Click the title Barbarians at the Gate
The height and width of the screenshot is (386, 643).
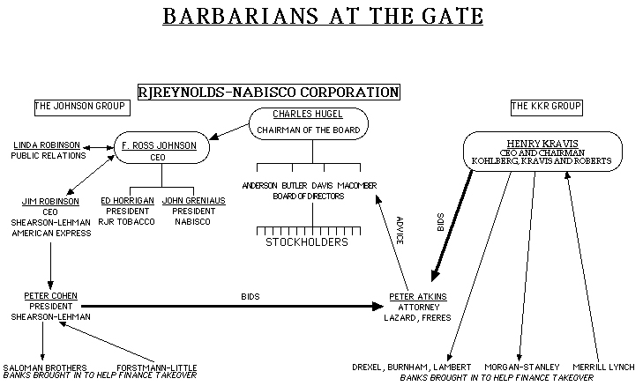pos(324,18)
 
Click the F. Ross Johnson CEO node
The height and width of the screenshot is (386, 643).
pos(161,146)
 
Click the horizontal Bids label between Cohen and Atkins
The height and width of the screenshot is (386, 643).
pos(250,296)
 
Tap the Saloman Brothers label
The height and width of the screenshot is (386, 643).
pos(45,367)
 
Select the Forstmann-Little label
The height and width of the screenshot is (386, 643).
pos(156,367)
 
